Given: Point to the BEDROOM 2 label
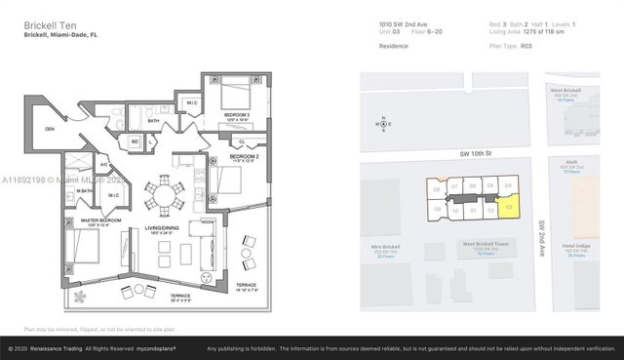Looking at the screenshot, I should click(244, 156).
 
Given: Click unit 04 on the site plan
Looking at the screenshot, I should click(508, 184).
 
